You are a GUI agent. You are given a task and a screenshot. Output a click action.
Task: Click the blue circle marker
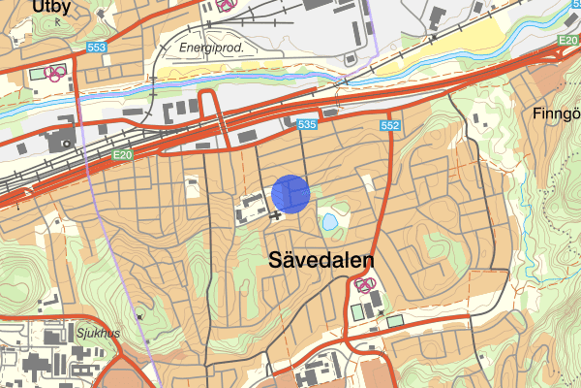click(x=290, y=193)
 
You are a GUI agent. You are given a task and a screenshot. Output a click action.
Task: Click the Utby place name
click(x=51, y=8)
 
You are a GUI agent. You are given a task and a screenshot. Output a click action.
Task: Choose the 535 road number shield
click(x=307, y=125)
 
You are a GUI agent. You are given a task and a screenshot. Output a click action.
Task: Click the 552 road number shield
click(x=390, y=126)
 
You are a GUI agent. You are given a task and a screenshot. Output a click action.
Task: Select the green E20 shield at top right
click(x=568, y=41)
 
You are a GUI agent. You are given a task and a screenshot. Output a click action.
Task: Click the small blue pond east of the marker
click(x=331, y=221)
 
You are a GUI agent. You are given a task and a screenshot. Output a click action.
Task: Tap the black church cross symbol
click(x=277, y=214)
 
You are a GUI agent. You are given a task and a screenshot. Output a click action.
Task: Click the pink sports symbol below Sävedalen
click(x=365, y=285)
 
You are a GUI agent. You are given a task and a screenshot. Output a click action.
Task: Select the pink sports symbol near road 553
click(x=57, y=71)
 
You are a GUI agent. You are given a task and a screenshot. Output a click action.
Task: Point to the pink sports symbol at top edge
click(x=225, y=4)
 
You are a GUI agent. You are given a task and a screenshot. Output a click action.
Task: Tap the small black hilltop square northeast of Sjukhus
click(x=141, y=314)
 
